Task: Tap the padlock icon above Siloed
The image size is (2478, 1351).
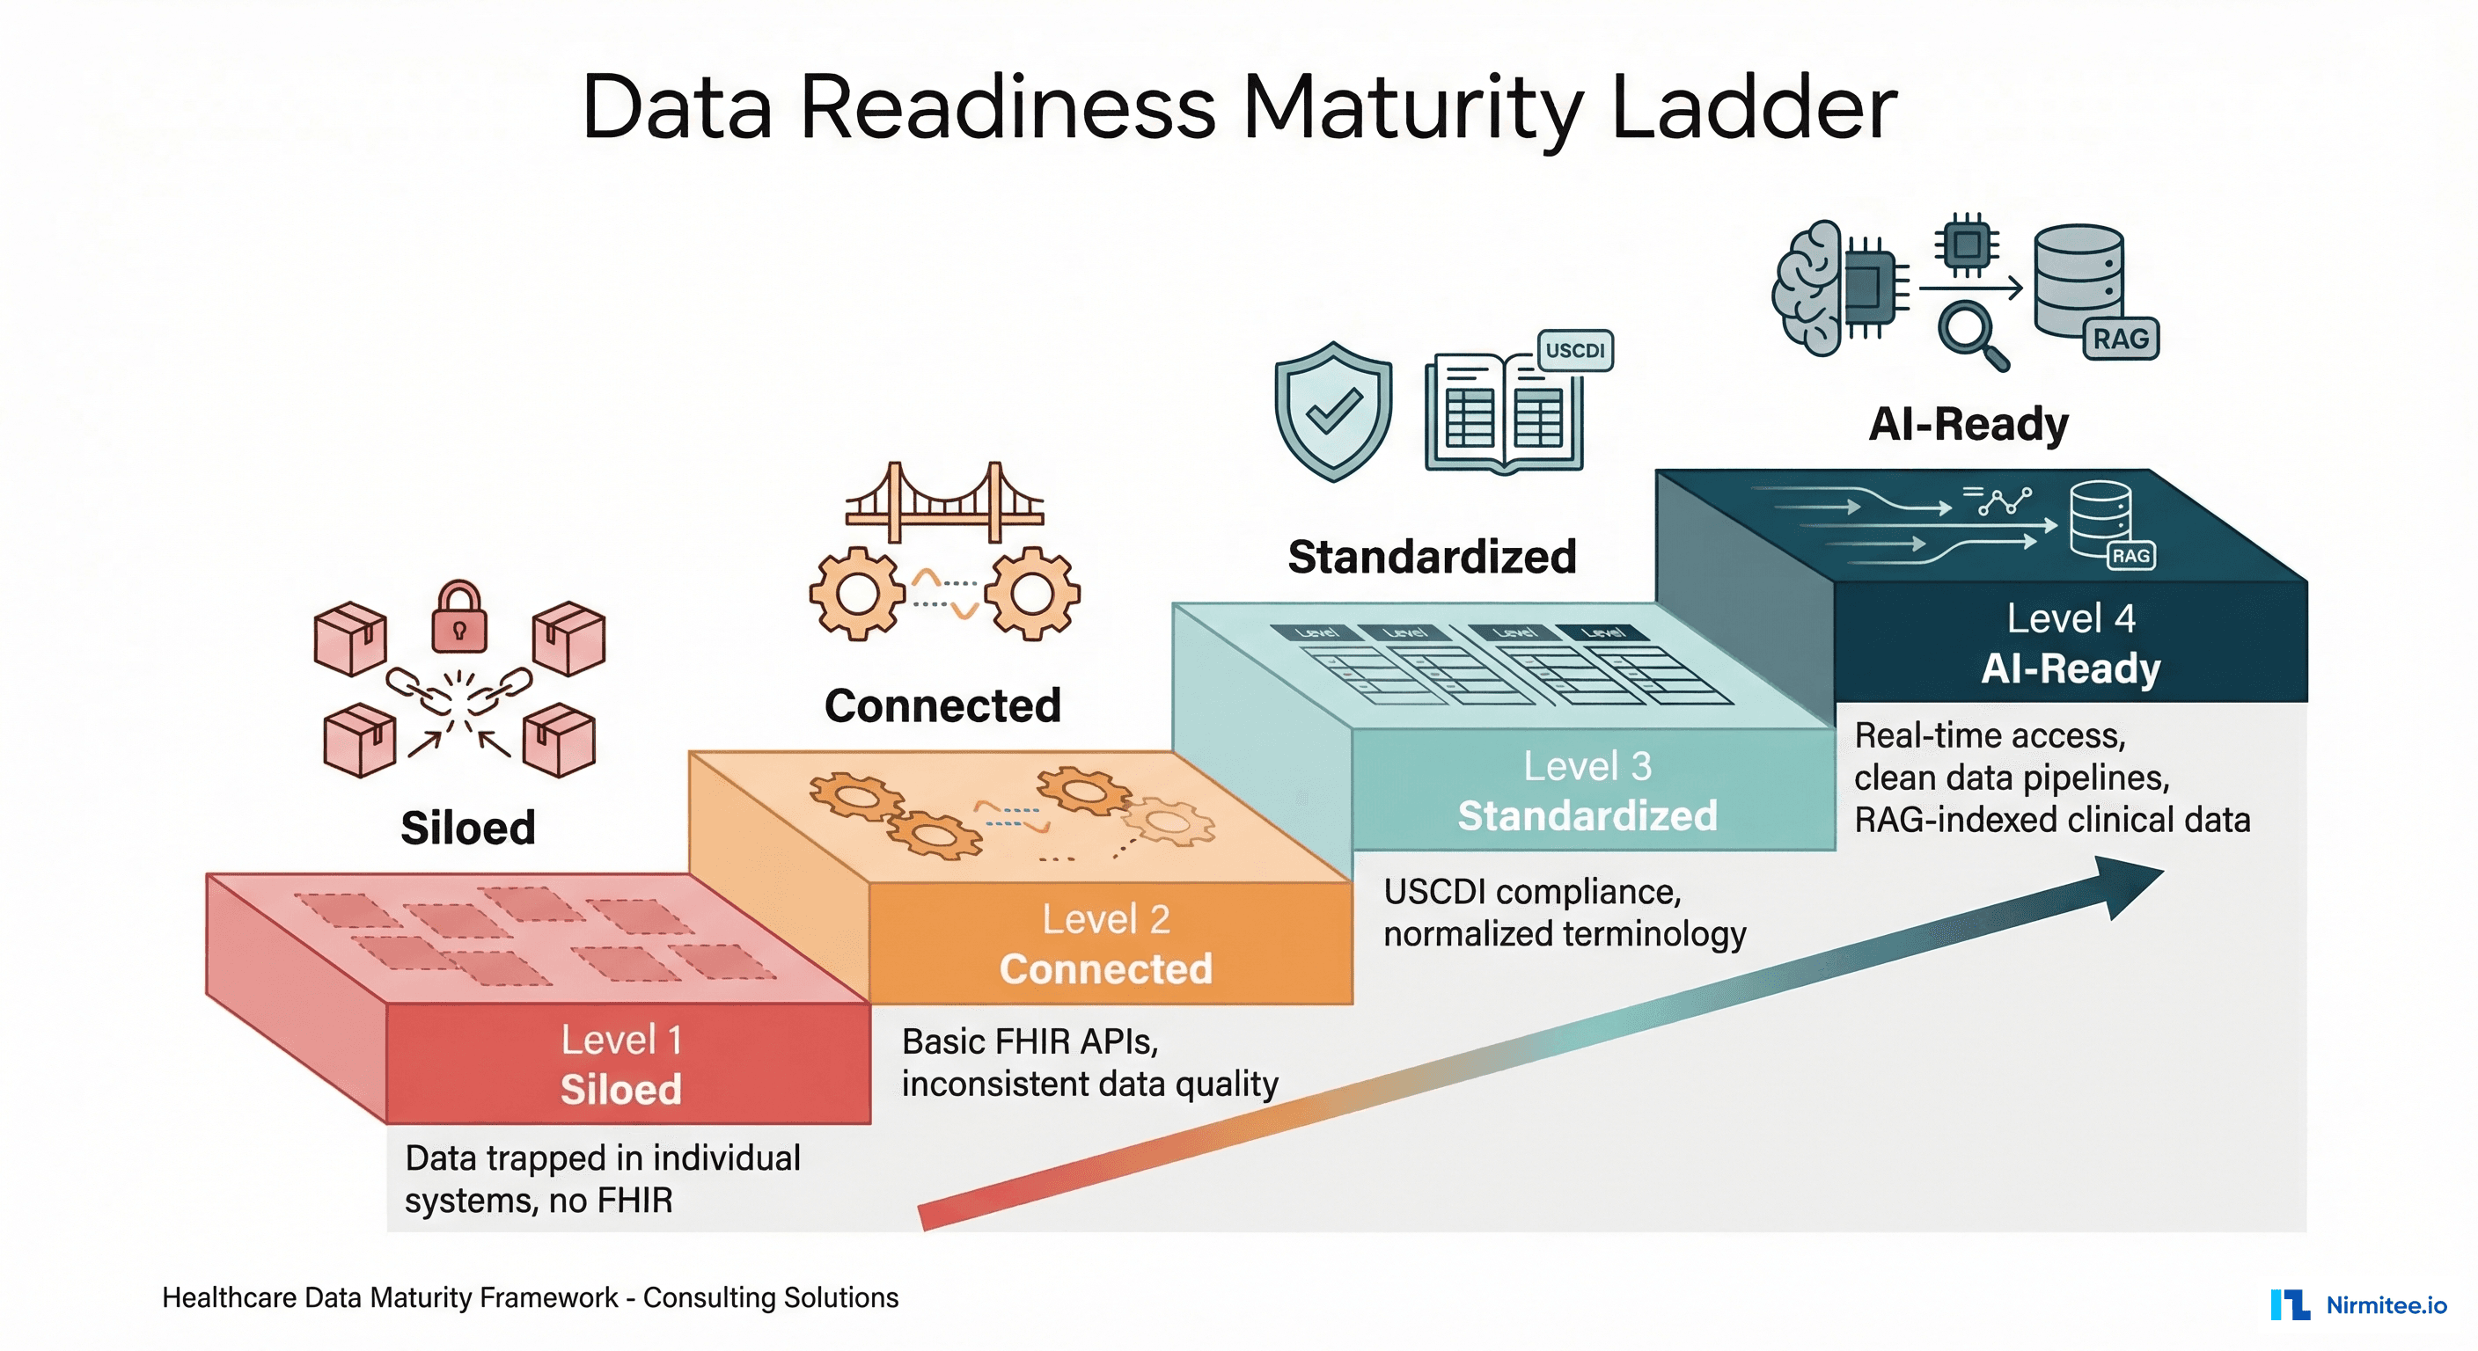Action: (x=458, y=617)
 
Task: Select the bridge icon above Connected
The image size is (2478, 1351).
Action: (x=944, y=502)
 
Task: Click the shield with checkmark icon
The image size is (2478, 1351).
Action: (x=1332, y=412)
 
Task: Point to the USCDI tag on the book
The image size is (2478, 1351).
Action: (x=1575, y=350)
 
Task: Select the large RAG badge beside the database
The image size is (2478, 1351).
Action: (x=2120, y=339)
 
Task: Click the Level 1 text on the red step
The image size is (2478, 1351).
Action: (x=621, y=1040)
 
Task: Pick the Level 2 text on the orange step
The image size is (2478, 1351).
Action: (x=1106, y=919)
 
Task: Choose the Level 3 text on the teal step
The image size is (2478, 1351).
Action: (x=1587, y=766)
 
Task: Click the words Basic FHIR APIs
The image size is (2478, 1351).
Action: (x=1030, y=1041)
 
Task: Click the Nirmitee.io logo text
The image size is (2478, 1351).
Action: (x=2386, y=1305)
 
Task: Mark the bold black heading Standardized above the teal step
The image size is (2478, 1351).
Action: (x=1432, y=557)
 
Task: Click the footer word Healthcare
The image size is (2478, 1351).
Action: (x=230, y=1297)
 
